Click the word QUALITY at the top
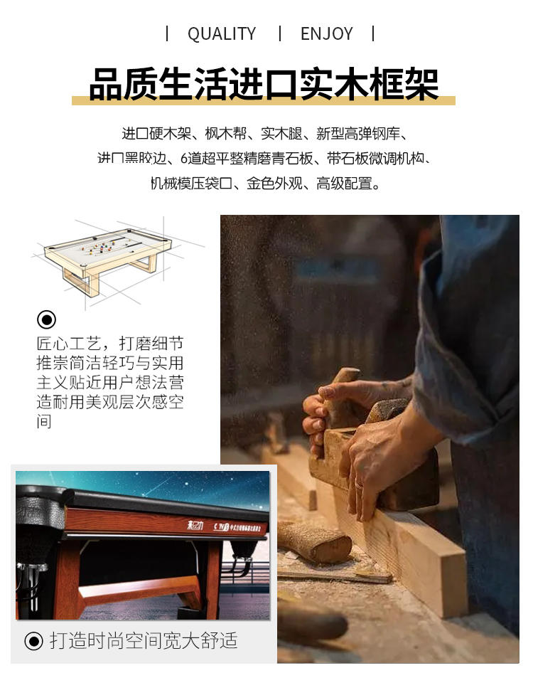221,33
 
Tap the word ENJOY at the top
326,33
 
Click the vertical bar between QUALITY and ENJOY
279,33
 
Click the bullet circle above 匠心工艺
46,319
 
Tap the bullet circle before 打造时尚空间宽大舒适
33,641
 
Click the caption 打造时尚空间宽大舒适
143,641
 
